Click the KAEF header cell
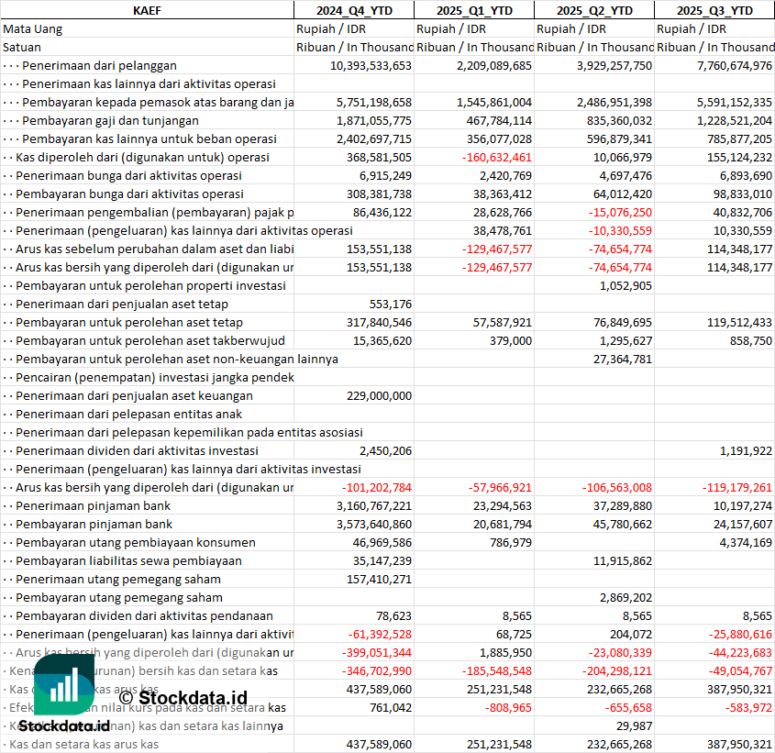point(147,10)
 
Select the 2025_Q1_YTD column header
point(473,10)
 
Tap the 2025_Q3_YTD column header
point(714,10)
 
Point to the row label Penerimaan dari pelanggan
point(99,65)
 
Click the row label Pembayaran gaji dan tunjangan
point(110,120)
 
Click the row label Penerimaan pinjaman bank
point(93,505)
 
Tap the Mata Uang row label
point(33,28)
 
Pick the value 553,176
point(390,304)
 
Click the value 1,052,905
point(625,285)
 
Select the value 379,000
point(510,340)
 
